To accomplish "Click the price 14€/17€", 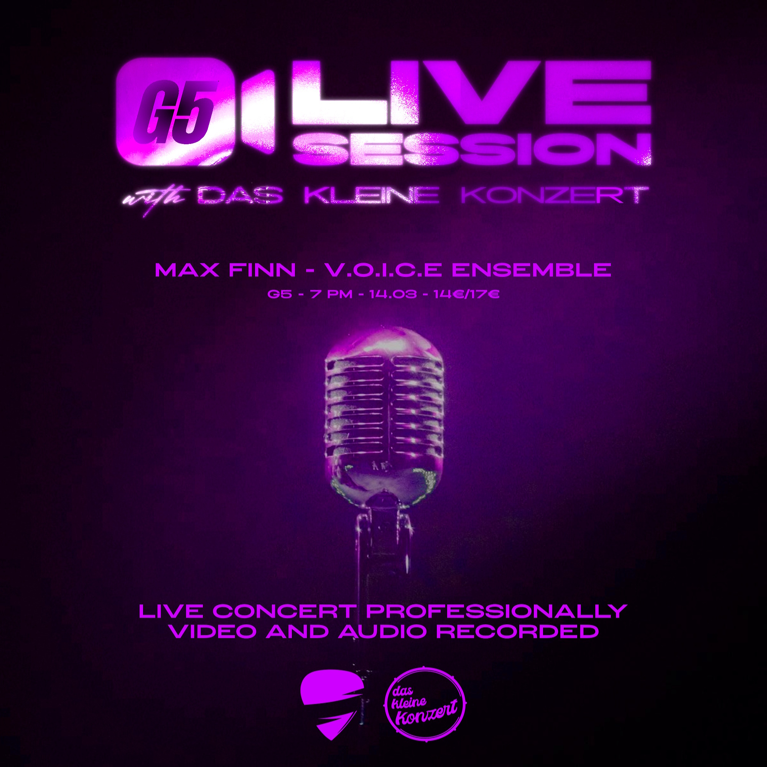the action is tap(467, 295).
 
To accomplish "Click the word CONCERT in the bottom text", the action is tap(284, 612).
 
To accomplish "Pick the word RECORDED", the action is tap(517, 632).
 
